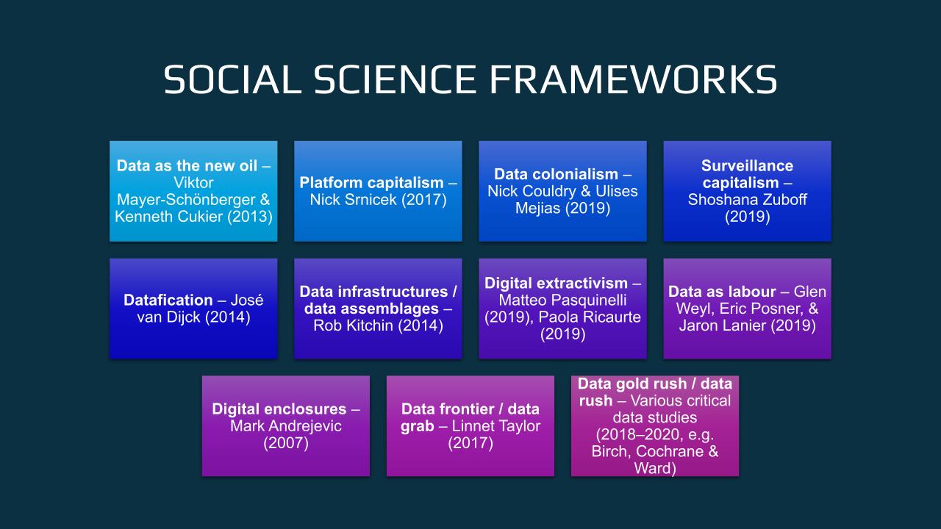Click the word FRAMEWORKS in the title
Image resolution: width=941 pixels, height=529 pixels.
click(x=634, y=79)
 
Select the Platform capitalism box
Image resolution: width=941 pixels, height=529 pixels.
click(x=378, y=191)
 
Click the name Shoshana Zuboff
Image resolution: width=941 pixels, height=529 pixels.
click(x=748, y=199)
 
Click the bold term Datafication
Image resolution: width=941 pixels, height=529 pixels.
click(x=168, y=300)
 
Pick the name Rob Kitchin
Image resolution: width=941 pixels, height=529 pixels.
click(x=354, y=325)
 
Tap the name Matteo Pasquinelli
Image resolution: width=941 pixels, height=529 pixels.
click(x=562, y=300)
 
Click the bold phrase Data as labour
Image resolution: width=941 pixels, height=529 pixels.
click(x=722, y=292)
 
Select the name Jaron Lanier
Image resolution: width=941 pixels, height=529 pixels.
click(x=723, y=325)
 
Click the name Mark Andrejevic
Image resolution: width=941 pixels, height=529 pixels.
click(x=286, y=425)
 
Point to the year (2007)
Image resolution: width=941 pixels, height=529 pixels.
click(x=286, y=443)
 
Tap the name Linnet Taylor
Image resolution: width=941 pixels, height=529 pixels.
click(x=495, y=425)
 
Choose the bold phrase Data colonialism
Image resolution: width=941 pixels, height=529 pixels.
click(x=556, y=174)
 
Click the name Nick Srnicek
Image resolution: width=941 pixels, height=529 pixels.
click(x=354, y=199)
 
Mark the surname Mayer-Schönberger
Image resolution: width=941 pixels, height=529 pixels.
click(x=187, y=199)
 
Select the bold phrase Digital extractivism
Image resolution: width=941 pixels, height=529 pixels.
click(x=556, y=283)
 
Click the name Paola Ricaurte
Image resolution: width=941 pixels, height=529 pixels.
click(x=590, y=317)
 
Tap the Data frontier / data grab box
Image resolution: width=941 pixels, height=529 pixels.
click(x=470, y=426)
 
